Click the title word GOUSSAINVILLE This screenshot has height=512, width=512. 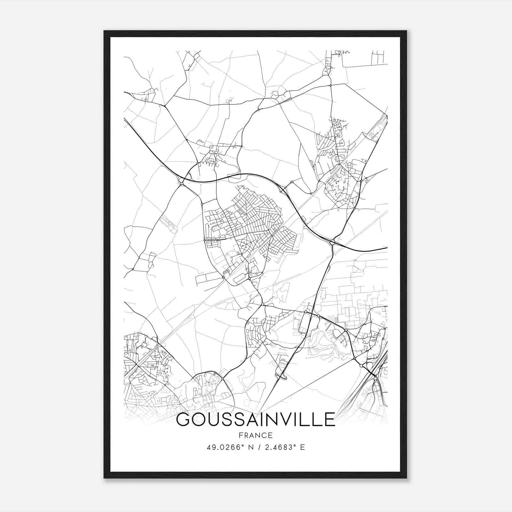[x=255, y=420]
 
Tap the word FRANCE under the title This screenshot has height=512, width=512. [x=255, y=436]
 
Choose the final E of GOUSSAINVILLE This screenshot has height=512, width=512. [x=329, y=420]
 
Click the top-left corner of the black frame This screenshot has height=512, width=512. [x=104, y=31]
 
